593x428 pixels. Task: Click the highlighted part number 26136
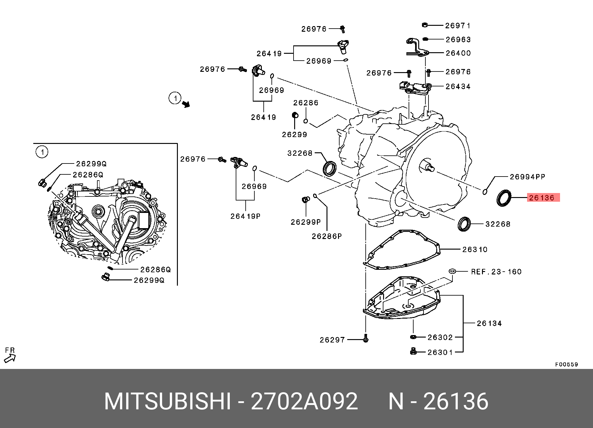pyautogui.click(x=543, y=198)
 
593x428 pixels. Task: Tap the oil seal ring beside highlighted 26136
pyautogui.click(x=503, y=198)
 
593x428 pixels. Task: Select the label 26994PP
pyautogui.click(x=527, y=177)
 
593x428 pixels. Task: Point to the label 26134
pyautogui.click(x=489, y=324)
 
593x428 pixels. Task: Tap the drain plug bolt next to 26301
pyautogui.click(x=413, y=352)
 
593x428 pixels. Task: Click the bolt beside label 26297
pyautogui.click(x=366, y=339)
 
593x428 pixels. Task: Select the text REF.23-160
pyautogui.click(x=496, y=272)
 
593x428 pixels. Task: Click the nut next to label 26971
pyautogui.click(x=425, y=25)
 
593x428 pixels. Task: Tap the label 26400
pyautogui.click(x=458, y=53)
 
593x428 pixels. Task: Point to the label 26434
pyautogui.click(x=458, y=86)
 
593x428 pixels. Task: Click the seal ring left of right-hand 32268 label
pyautogui.click(x=464, y=224)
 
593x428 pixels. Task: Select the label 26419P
pyautogui.click(x=245, y=216)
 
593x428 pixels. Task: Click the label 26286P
pyautogui.click(x=327, y=237)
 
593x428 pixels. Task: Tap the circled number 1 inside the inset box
pyautogui.click(x=42, y=152)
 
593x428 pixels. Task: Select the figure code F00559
pyautogui.click(x=566, y=365)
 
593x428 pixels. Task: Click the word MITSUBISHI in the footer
pyautogui.click(x=168, y=402)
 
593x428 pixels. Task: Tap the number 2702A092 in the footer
pyautogui.click(x=304, y=402)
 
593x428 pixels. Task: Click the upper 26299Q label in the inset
pyautogui.click(x=91, y=164)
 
